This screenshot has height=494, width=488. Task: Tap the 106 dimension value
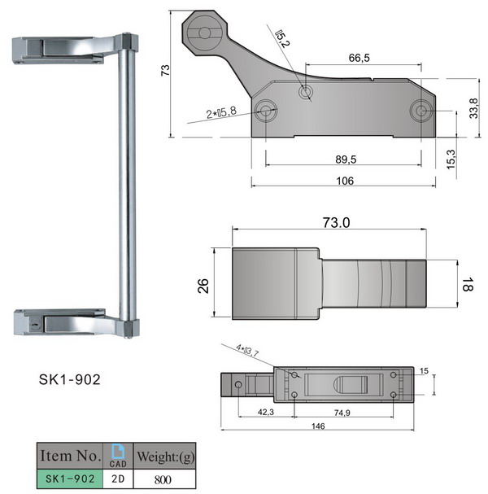click(344, 181)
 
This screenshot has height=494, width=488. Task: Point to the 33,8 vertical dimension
click(473, 108)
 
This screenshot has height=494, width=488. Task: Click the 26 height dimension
click(203, 285)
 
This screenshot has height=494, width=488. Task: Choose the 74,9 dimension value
click(342, 413)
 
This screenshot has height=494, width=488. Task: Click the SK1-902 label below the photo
click(70, 379)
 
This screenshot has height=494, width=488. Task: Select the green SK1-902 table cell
click(69, 479)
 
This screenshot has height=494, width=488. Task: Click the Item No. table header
click(69, 454)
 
